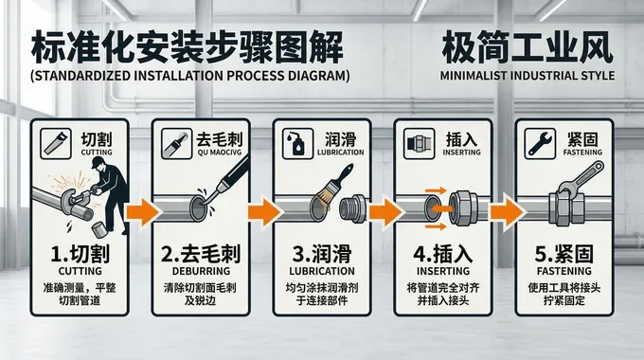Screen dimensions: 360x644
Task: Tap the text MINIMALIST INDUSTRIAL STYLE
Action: pos(527,75)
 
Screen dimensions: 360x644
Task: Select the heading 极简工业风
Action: pos(527,45)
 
